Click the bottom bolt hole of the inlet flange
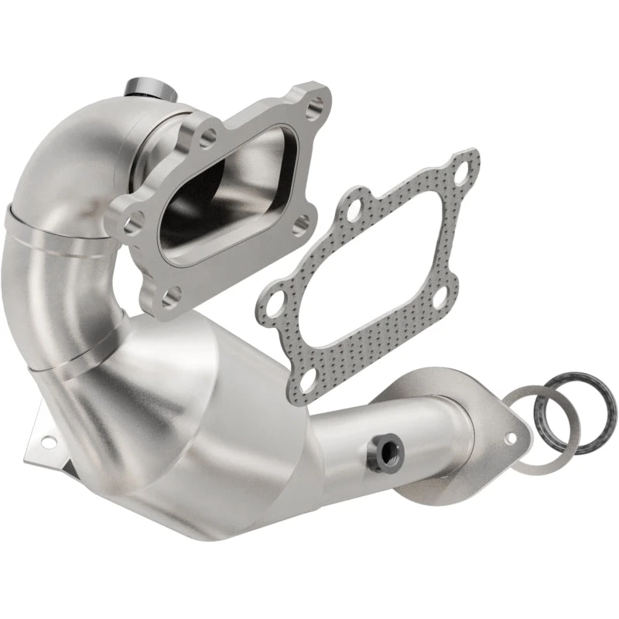[172, 294]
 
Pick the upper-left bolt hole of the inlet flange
[207, 139]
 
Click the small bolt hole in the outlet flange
[511, 438]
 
